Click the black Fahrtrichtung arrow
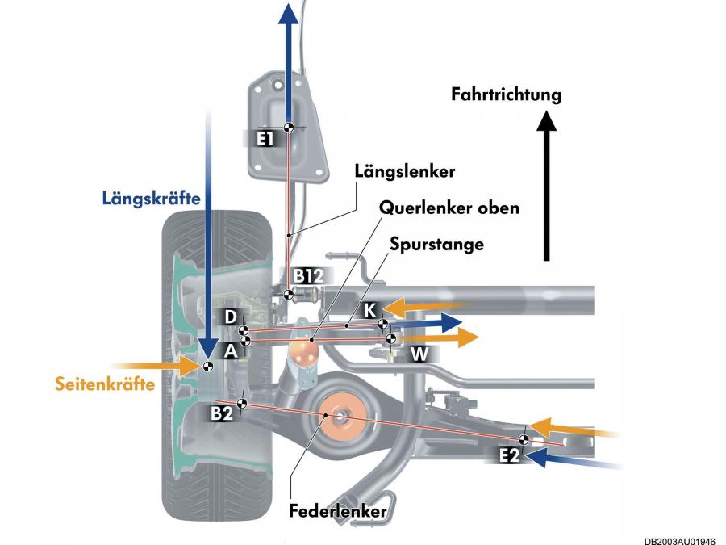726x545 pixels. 547,186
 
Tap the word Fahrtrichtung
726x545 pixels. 506,94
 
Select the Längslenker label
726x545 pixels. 405,171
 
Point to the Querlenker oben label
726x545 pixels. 449,208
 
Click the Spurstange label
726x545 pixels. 436,244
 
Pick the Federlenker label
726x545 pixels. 337,511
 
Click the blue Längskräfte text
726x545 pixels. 151,199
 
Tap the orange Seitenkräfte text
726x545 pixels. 105,384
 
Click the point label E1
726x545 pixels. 265,139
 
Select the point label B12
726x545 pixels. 308,276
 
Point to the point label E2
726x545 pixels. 509,456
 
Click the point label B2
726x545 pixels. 221,413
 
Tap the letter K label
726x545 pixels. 370,310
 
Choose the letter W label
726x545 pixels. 419,354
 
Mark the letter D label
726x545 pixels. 230,317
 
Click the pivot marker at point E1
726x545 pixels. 289,128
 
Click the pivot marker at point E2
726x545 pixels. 524,440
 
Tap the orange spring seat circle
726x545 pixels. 340,415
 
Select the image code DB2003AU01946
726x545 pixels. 680,540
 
